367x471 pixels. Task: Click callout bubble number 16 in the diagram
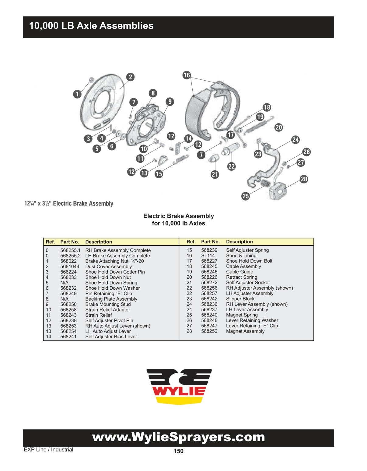click(x=187, y=75)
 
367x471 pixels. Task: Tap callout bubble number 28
click(x=304, y=179)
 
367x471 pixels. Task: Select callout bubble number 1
click(x=77, y=94)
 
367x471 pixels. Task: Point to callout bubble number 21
click(x=215, y=174)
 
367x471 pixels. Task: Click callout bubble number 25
click(x=246, y=196)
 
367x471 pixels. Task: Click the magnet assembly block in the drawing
click(x=278, y=191)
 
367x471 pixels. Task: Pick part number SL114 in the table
click(x=208, y=256)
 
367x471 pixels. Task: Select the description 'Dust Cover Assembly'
click(x=108, y=267)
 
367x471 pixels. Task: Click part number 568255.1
click(x=70, y=250)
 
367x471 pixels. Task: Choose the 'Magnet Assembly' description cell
click(x=245, y=331)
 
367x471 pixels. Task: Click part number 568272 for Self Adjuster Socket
click(x=209, y=283)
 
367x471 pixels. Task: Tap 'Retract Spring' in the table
click(x=241, y=277)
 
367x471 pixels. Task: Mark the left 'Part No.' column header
click(x=69, y=242)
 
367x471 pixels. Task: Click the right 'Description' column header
click(x=239, y=242)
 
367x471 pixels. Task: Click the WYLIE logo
click(x=179, y=386)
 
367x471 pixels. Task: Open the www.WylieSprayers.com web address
click(x=178, y=437)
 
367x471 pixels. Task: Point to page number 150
click(x=178, y=451)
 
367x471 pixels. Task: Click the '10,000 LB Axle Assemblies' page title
click(x=91, y=26)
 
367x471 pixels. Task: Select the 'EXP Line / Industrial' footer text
click(x=48, y=450)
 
